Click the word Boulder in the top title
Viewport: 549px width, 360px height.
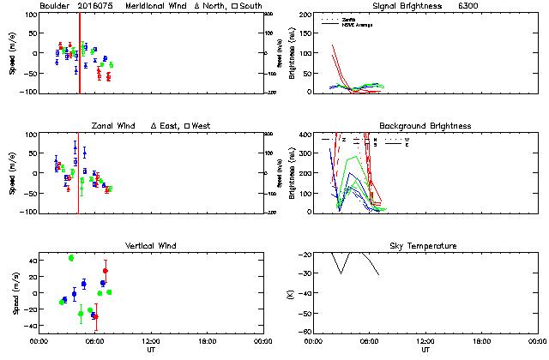pos(54,6)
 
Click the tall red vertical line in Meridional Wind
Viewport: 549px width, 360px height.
pos(80,51)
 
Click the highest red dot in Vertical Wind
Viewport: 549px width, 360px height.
pos(106,271)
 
